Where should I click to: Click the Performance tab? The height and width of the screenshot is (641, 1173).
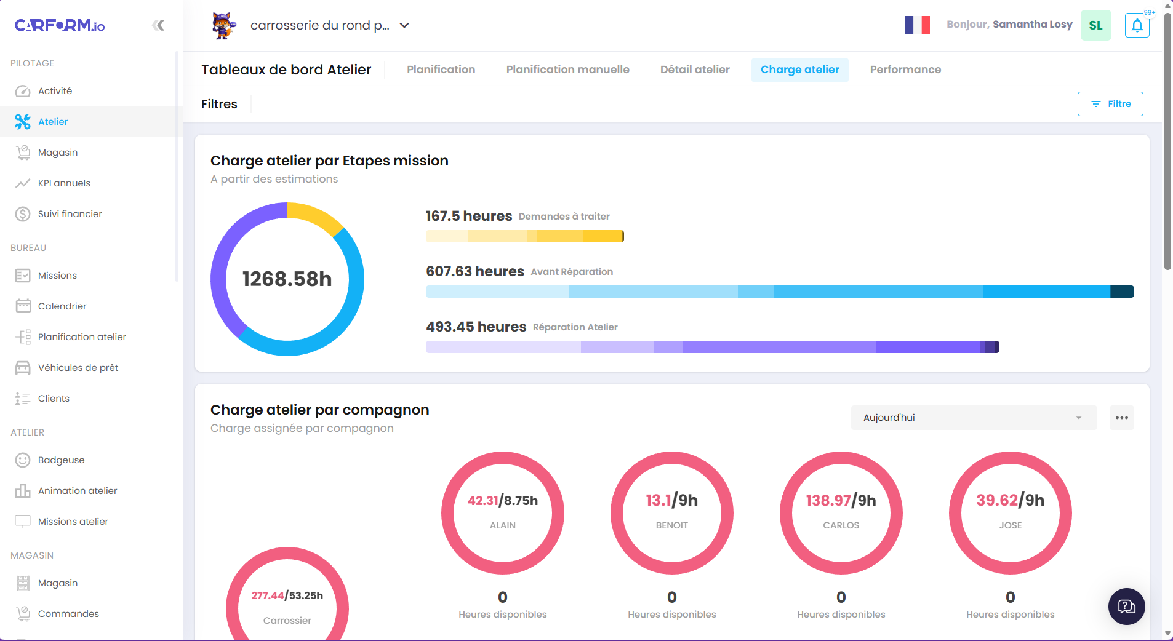tap(905, 70)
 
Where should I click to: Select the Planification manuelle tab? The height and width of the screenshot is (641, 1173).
tap(567, 70)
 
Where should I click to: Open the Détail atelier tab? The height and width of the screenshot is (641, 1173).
tap(695, 70)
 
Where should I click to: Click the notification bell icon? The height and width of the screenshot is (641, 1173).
tap(1137, 26)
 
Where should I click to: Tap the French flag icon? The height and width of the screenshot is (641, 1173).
tap(917, 25)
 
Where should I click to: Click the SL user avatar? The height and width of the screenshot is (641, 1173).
tap(1095, 25)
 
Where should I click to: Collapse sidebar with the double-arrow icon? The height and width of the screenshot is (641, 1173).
tap(158, 25)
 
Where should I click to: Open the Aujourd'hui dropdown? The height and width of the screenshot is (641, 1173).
tap(973, 418)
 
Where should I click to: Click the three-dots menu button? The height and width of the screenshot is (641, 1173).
tap(1121, 418)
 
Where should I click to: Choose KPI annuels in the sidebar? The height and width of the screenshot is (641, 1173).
tap(64, 183)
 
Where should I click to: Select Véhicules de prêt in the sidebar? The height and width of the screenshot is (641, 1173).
tap(78, 368)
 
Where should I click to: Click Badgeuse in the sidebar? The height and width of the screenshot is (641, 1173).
tap(61, 460)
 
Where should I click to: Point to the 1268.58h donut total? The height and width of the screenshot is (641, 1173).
tap(287, 279)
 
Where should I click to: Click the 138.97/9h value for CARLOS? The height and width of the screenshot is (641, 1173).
tap(841, 500)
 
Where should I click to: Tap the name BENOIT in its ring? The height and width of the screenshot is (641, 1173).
tap(671, 525)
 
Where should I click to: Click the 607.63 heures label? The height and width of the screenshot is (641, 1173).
tap(474, 271)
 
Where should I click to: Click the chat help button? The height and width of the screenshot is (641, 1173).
tap(1126, 607)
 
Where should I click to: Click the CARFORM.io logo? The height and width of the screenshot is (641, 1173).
tap(60, 25)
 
